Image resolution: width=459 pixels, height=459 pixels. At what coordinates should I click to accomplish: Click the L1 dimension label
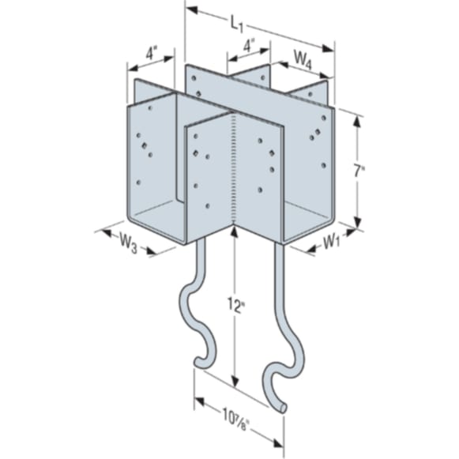tap(236, 24)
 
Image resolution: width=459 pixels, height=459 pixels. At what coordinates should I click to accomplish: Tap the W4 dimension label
tap(303, 60)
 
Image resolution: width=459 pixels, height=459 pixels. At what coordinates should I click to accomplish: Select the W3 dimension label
tap(128, 243)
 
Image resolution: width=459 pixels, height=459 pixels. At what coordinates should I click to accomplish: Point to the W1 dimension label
tap(331, 242)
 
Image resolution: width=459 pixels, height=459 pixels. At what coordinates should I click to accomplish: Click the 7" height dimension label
tap(358, 171)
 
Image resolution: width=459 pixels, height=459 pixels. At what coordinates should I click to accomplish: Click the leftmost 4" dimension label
tap(150, 55)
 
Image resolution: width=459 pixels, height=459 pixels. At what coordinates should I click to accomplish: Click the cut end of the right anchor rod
tap(283, 408)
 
